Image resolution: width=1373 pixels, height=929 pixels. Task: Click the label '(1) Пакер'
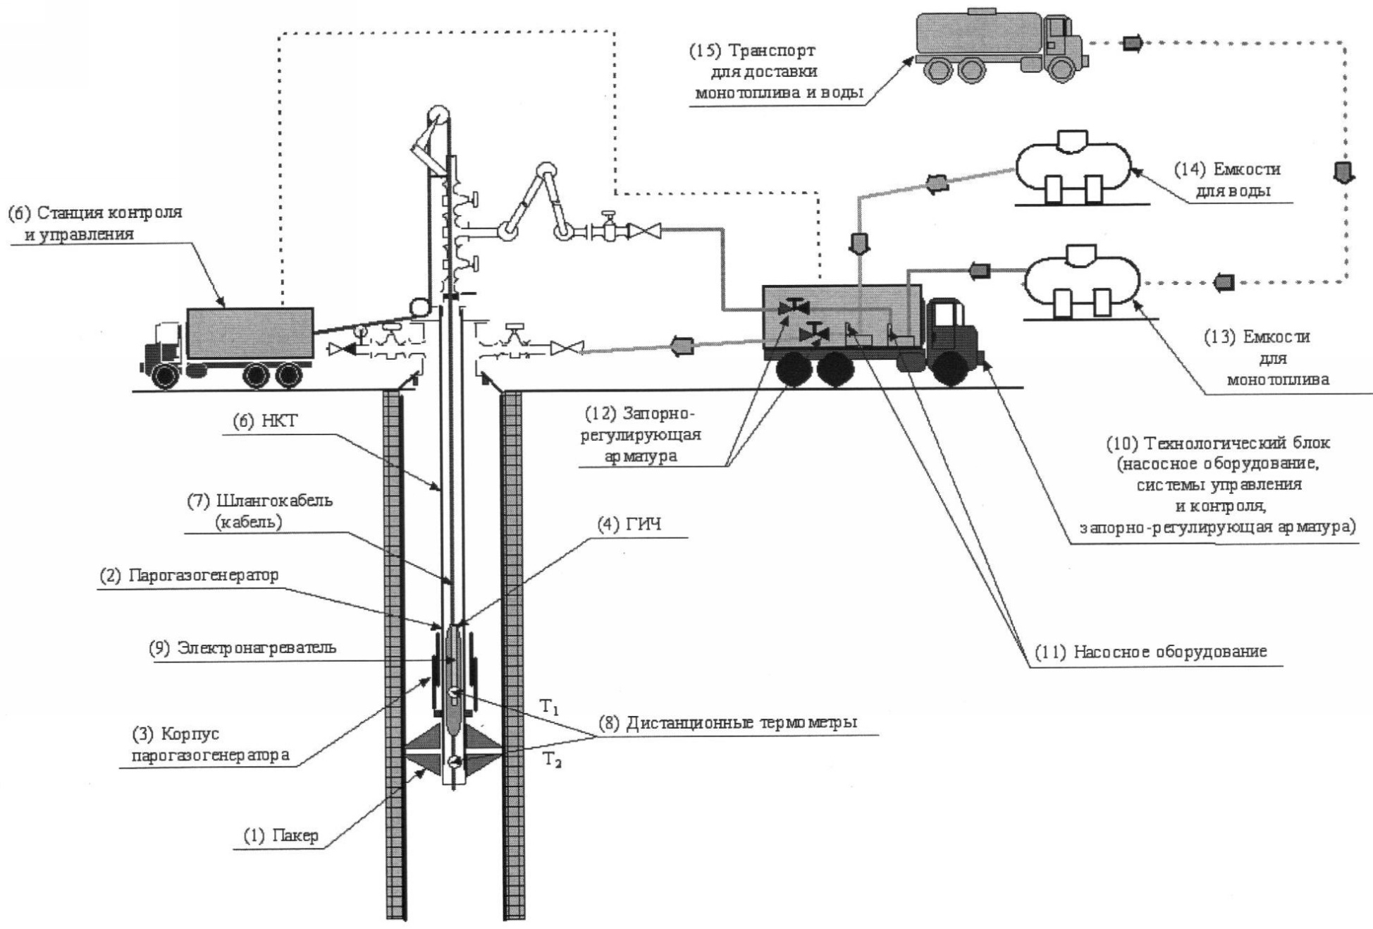pyautogui.click(x=281, y=836)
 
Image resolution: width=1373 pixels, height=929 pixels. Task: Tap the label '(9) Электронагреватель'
pyautogui.click(x=242, y=648)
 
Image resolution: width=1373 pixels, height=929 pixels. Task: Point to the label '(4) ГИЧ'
pyautogui.click(x=639, y=526)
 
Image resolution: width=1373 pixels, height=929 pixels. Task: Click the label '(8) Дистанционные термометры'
pyautogui.click(x=728, y=723)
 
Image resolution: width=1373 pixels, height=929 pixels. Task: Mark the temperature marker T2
pyautogui.click(x=550, y=761)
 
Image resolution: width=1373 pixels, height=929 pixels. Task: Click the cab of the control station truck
pyautogui.click(x=164, y=346)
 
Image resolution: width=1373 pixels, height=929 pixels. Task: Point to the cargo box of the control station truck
pyautogui.click(x=250, y=334)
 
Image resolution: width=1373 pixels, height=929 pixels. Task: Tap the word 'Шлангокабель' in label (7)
pyautogui.click(x=274, y=502)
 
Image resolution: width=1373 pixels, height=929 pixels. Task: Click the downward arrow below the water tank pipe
pyautogui.click(x=861, y=244)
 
